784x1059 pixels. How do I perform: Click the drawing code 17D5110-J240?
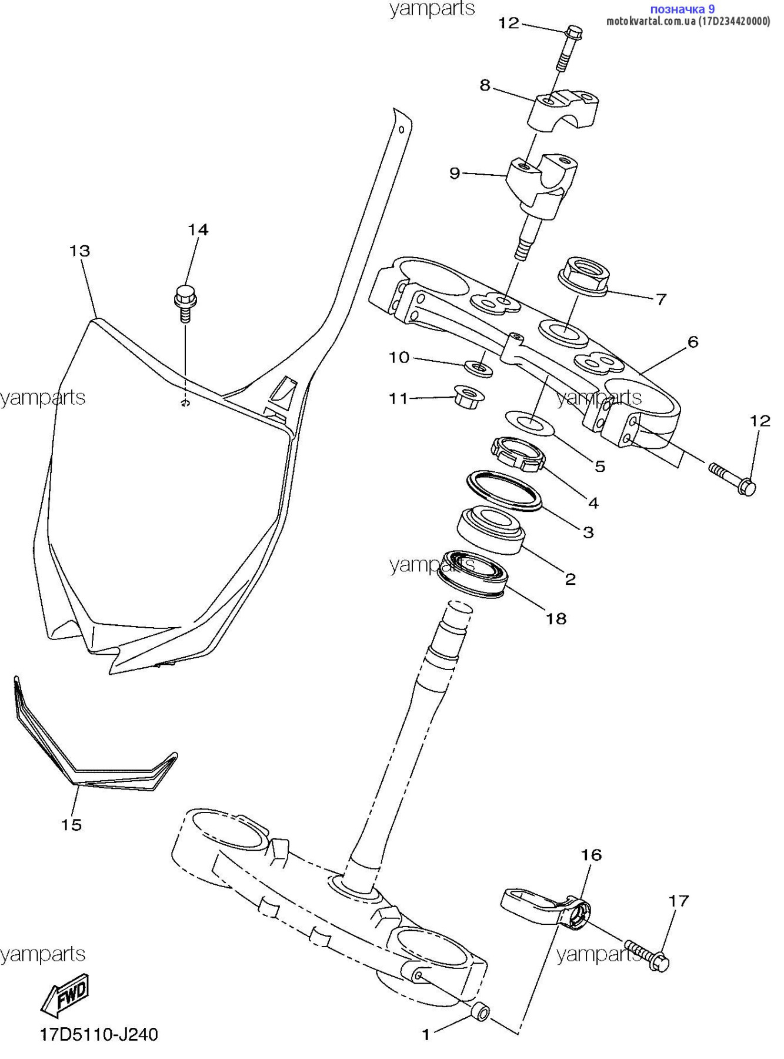(99, 1034)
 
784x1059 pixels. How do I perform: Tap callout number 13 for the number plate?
(80, 251)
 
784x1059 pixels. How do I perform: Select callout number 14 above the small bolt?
(198, 229)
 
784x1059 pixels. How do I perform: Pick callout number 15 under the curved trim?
(71, 825)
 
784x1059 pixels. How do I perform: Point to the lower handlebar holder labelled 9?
(543, 181)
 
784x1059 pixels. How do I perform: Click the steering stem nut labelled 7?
(583, 276)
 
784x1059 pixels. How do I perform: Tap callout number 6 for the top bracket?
(693, 342)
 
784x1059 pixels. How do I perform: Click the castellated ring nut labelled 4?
(518, 454)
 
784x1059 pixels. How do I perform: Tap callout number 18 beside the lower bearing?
(556, 618)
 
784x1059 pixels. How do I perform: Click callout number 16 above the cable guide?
(592, 855)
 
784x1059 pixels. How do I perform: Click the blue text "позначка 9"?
(682, 9)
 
